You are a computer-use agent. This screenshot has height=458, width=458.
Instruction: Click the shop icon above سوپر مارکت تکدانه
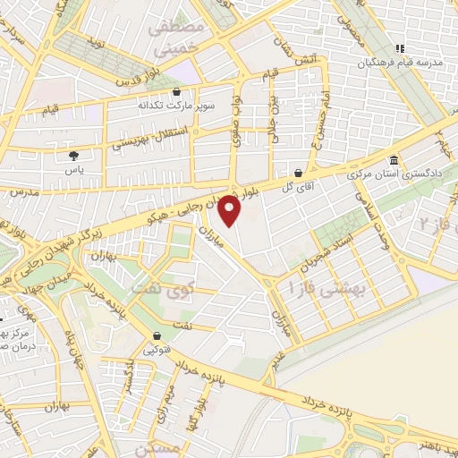177,91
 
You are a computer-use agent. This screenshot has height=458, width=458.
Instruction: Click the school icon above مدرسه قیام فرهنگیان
402,48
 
